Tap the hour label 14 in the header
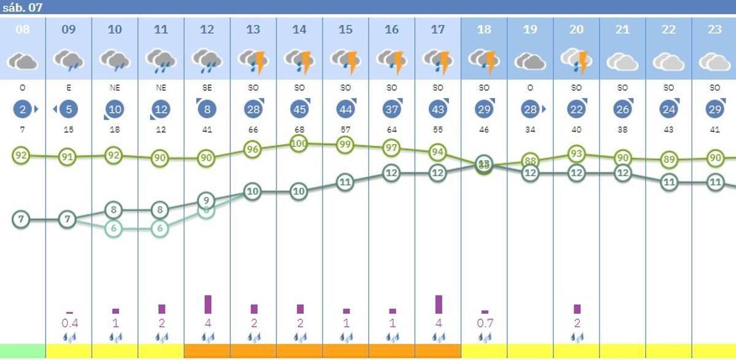(x=299, y=29)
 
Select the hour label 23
(x=715, y=29)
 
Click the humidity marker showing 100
(x=299, y=144)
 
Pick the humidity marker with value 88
(x=530, y=161)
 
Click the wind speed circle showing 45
(x=299, y=109)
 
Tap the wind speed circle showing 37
(x=391, y=109)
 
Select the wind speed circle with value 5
(x=69, y=110)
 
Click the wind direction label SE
(x=207, y=88)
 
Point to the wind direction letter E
(x=69, y=88)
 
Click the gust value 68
(x=299, y=130)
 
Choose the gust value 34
(x=530, y=130)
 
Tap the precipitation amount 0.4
(x=69, y=323)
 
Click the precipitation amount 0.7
(x=485, y=323)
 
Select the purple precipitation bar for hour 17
(x=439, y=304)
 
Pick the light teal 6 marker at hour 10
(x=113, y=228)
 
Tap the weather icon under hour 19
(x=530, y=61)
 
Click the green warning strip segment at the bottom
(x=23, y=351)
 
